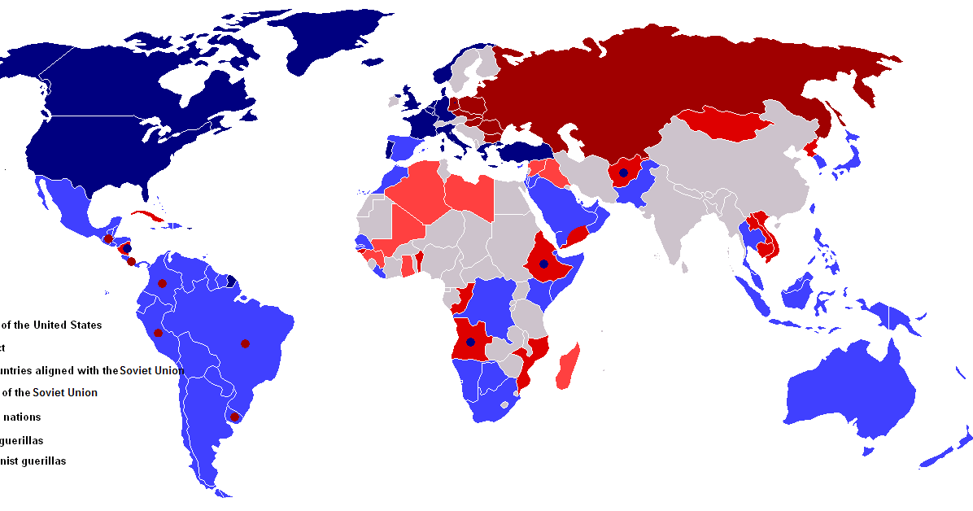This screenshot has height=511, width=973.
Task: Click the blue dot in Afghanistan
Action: click(x=623, y=173)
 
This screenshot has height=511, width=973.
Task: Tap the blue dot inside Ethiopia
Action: click(x=543, y=264)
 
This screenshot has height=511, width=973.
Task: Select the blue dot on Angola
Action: click(x=469, y=342)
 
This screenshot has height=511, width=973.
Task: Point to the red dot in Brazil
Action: click(x=245, y=343)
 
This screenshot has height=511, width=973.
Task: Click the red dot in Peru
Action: click(x=158, y=333)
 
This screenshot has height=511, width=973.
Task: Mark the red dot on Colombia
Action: click(x=163, y=283)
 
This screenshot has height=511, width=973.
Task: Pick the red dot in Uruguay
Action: click(x=235, y=417)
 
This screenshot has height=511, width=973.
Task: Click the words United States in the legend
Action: click(x=68, y=325)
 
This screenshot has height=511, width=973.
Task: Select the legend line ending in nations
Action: click(x=20, y=417)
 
